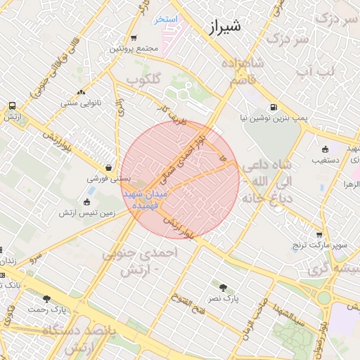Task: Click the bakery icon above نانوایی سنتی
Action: click(82, 92)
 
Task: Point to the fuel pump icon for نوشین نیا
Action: click(274, 108)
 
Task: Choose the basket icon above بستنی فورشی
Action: click(109, 168)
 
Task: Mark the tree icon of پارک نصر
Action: click(224, 287)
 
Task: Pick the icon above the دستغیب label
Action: click(325, 149)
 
